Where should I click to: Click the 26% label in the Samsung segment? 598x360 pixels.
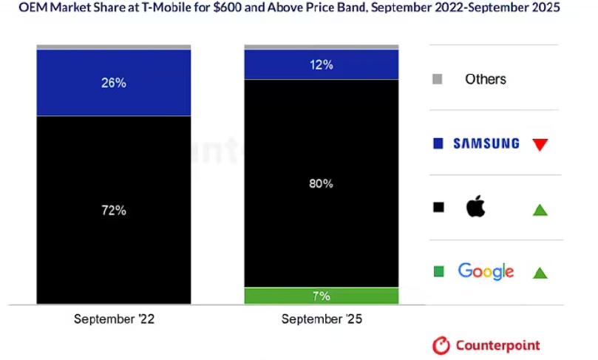114,83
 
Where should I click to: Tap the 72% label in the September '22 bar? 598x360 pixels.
114,211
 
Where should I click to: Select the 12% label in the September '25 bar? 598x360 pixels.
322,65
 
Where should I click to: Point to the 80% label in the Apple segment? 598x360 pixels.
322,183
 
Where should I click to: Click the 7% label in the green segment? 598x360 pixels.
322,296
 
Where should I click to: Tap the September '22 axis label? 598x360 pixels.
114,320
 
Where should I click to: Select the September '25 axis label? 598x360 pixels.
322,320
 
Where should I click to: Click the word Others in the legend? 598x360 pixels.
486,79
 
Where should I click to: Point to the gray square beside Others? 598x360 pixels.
438,79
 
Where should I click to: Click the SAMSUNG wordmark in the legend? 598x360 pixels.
486,143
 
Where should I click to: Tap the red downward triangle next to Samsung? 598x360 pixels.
540,144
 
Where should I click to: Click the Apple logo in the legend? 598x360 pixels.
476,207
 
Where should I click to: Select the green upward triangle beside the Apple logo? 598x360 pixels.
540,210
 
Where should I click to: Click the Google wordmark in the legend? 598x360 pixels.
486,271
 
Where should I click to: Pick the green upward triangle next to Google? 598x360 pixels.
540,273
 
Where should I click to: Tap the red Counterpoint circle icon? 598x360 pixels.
441,345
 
